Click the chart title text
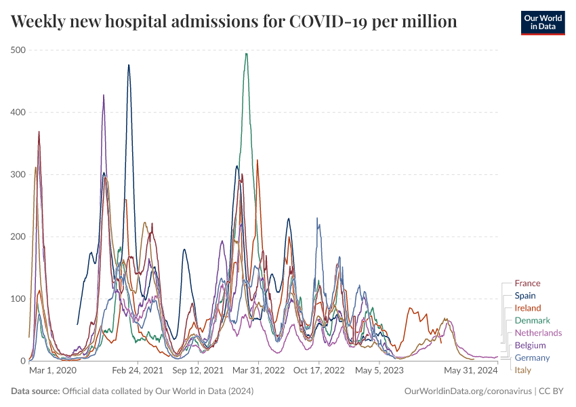234,22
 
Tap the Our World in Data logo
543,22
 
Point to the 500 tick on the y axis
18,50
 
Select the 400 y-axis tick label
18,113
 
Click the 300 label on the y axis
18,174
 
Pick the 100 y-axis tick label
18,299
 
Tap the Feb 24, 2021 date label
138,371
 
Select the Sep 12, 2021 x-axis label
198,371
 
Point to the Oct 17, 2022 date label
318,371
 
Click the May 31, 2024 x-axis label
470,371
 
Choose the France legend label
527,284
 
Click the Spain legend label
524,296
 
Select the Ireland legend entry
527,308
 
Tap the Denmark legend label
532,320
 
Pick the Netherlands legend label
538,332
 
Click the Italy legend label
522,370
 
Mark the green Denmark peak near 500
246,54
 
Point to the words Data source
35,391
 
